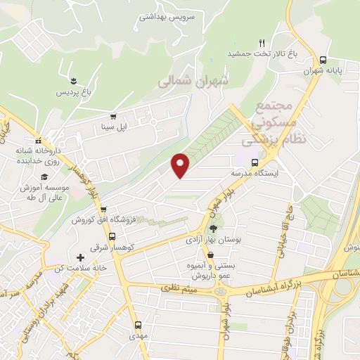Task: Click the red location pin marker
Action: pyautogui.click(x=181, y=165)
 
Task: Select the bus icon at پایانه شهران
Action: pyautogui.click(x=323, y=60)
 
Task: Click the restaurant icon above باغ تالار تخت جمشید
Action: pyautogui.click(x=262, y=42)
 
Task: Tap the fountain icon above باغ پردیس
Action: pyautogui.click(x=74, y=80)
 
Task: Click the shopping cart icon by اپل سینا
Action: pyautogui.click(x=112, y=117)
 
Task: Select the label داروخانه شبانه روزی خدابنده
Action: pyautogui.click(x=40, y=155)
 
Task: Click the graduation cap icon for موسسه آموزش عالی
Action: pyautogui.click(x=44, y=176)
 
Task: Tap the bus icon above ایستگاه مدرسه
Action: pyautogui.click(x=255, y=162)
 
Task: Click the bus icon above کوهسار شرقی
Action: pyautogui.click(x=103, y=209)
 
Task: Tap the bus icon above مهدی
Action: pyautogui.click(x=138, y=326)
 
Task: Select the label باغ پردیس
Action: pyautogui.click(x=74, y=92)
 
